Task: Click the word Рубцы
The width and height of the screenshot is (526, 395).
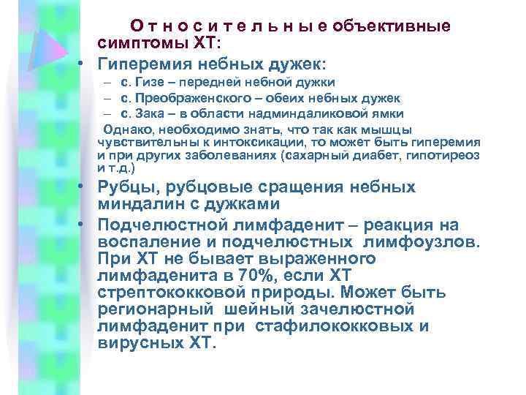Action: tap(125, 187)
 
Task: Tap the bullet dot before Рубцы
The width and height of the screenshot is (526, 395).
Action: tap(85, 187)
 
